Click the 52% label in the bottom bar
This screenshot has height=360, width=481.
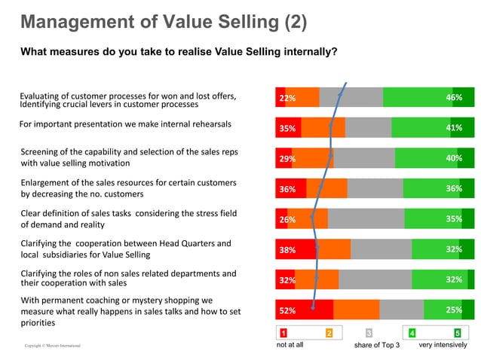(286, 310)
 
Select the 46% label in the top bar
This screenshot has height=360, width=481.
(454, 98)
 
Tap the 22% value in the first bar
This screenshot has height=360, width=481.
(286, 99)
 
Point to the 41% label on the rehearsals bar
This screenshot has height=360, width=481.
(454, 128)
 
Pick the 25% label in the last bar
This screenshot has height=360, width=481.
(454, 310)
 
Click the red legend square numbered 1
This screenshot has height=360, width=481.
(283, 333)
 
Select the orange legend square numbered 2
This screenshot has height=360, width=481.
(329, 333)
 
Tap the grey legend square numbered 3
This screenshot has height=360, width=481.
(369, 333)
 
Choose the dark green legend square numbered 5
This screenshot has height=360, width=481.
(458, 333)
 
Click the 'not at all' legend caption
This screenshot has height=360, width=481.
(290, 345)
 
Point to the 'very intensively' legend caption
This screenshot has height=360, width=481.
(443, 345)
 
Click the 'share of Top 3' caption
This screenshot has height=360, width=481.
(376, 345)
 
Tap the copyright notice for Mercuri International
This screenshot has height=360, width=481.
(53, 346)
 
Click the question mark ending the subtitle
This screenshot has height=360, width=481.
(334, 52)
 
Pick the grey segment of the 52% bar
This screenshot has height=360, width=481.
(401, 310)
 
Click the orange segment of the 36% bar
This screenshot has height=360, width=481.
(326, 188)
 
